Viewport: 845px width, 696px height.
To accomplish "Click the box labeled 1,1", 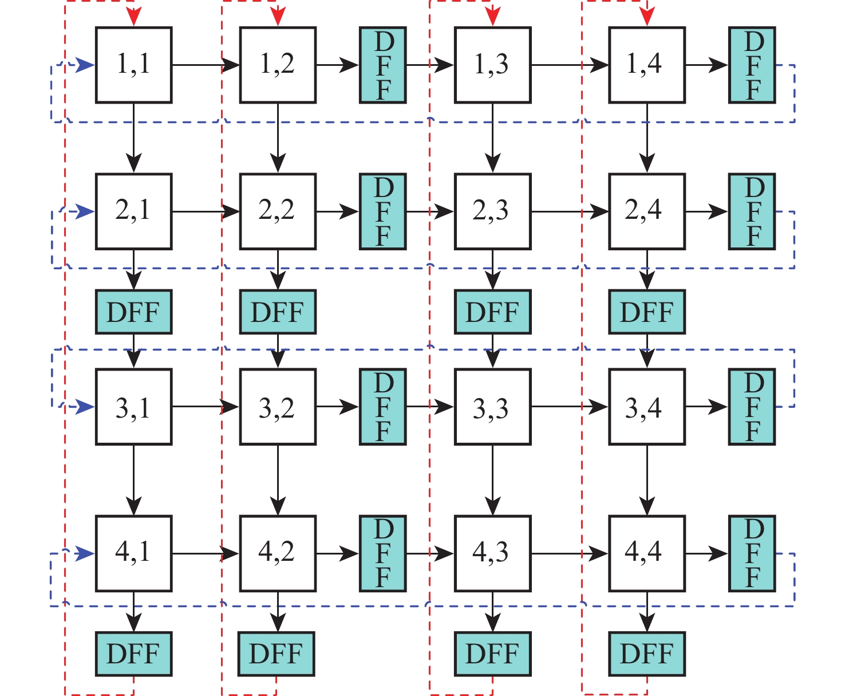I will click(133, 65).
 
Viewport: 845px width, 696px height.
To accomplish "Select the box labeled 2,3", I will click(492, 211).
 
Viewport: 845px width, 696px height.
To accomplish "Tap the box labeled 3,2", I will click(278, 407).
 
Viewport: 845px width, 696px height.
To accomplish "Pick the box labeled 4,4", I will click(647, 553).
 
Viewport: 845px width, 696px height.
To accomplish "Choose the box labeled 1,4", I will click(647, 65).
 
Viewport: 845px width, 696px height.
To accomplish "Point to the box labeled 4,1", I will click(133, 553).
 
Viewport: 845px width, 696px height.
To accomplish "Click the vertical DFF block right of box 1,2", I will click(383, 65).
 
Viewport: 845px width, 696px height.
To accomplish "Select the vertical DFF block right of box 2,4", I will click(752, 211).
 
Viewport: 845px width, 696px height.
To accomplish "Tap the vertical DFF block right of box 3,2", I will click(383, 407).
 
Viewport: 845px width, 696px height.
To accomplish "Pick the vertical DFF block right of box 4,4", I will click(752, 553).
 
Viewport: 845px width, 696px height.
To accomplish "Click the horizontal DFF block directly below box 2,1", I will click(133, 312).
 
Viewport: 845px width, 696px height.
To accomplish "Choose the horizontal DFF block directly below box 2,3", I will click(492, 312).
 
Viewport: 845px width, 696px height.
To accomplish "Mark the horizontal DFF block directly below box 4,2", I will click(277, 654).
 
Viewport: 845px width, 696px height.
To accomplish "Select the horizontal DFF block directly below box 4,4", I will click(647, 654).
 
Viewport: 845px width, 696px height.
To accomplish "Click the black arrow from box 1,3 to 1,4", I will click(570, 65).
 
